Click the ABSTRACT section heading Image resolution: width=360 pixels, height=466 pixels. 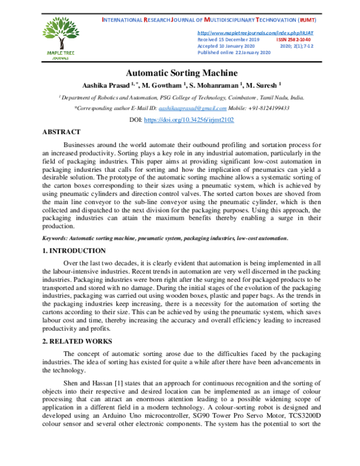tap(61, 132)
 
